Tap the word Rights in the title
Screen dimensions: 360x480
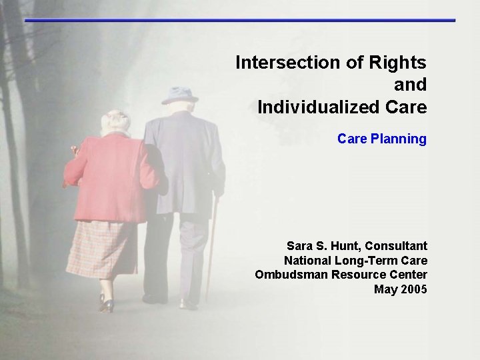[397, 63]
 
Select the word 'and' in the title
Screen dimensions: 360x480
[410, 85]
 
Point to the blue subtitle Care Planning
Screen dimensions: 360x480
[381, 139]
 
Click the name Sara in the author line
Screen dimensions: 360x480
[299, 246]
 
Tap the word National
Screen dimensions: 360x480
[307, 261]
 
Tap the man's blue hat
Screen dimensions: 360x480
[179, 95]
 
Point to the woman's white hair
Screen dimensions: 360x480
[115, 121]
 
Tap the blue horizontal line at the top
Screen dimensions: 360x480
[240, 21]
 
